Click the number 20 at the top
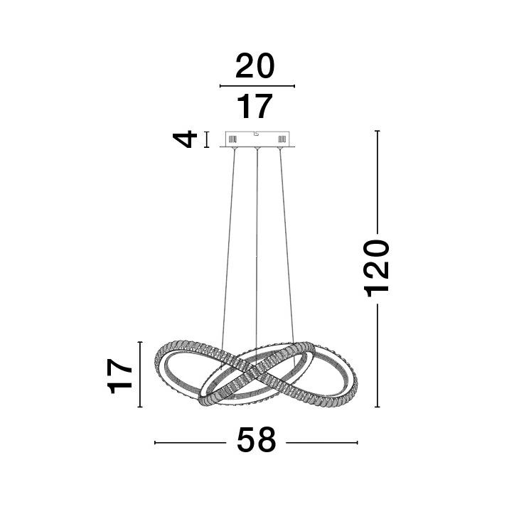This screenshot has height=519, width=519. (255, 66)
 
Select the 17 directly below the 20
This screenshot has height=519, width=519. (255, 106)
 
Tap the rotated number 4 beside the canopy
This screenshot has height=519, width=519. (185, 139)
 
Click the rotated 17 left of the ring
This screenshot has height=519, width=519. (120, 375)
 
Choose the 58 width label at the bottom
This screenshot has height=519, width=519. (256, 439)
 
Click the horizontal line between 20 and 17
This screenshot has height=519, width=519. (257, 86)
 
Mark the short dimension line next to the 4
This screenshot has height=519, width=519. (207, 139)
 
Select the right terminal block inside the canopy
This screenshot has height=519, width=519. (282, 139)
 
